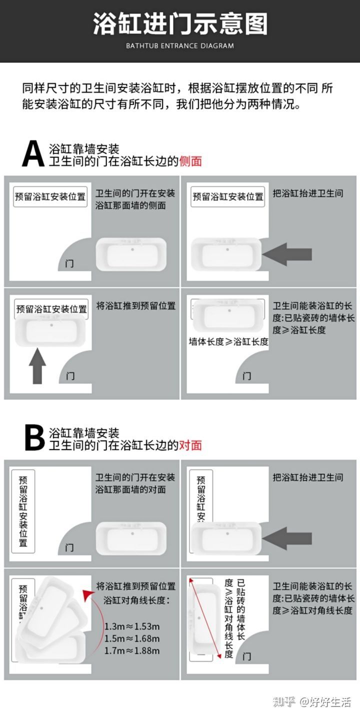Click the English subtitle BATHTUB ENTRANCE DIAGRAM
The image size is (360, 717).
[x=179, y=45]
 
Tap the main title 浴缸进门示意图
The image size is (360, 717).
[x=180, y=23]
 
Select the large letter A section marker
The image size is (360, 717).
[x=33, y=154]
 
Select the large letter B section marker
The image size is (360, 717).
[x=34, y=438]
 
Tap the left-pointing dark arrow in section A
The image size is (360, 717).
[x=287, y=255]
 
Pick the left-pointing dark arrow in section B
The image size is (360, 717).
[x=287, y=538]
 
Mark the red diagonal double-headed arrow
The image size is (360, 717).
[x=205, y=618]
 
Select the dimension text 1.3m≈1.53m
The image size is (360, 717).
[x=132, y=627]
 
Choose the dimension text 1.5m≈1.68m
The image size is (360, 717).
[x=132, y=639]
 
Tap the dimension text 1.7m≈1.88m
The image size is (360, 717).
[x=132, y=650]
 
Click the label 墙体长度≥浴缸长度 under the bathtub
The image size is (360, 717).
[x=228, y=342]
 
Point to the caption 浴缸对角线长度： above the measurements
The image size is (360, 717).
[x=136, y=600]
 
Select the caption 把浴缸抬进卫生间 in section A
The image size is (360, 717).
[x=308, y=193]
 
